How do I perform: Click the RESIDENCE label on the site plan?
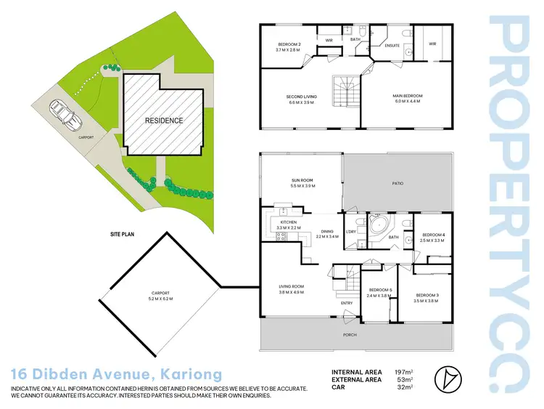pos(163,121)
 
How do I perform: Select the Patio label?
pos(397,184)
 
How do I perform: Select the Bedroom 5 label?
pos(379,293)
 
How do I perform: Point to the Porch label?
pos(351,335)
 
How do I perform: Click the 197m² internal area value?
pos(403,372)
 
